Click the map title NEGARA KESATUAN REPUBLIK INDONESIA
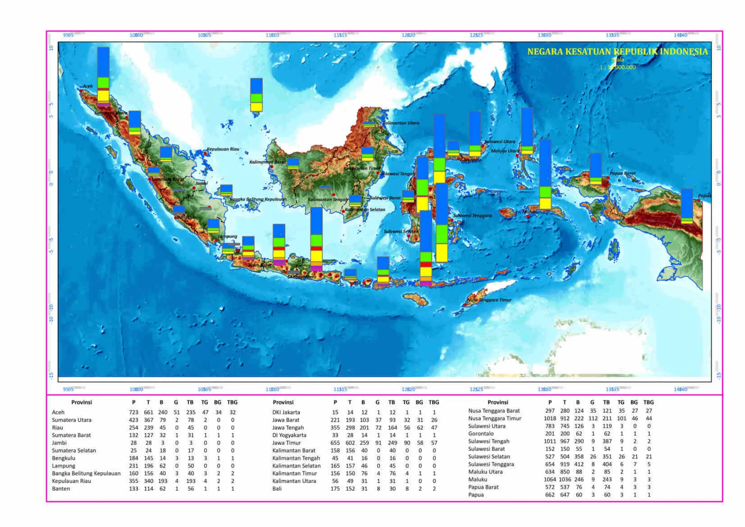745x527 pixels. click(617, 52)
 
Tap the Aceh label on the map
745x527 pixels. click(88, 86)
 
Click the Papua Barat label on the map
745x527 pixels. click(622, 173)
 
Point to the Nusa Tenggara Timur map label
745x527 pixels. click(489, 300)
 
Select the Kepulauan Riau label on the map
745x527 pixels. click(223, 149)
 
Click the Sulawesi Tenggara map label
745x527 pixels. click(472, 216)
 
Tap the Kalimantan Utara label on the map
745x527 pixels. click(401, 123)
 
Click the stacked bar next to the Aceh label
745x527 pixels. click(103, 76)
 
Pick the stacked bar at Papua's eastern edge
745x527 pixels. click(687, 206)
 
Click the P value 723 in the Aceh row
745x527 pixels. click(134, 412)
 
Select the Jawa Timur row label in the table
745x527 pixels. click(287, 443)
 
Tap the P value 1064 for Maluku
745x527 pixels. click(550, 479)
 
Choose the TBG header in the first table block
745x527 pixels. click(232, 402)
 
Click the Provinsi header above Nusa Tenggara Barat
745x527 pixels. click(498, 402)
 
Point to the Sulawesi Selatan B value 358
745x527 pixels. click(579, 456)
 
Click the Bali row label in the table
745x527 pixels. click(277, 488)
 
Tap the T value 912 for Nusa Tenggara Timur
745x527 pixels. click(565, 418)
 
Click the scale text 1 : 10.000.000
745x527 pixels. click(617, 67)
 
